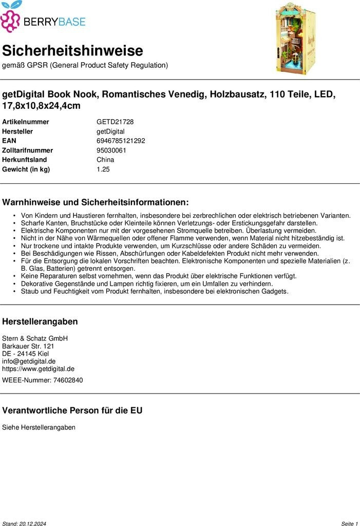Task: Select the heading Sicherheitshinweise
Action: (x=72, y=51)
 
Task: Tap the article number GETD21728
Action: (x=115, y=122)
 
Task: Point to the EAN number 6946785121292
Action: (x=121, y=141)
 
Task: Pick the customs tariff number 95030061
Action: (x=111, y=151)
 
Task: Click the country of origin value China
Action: (x=105, y=160)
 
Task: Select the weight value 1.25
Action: (x=103, y=170)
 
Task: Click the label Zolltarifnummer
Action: (x=28, y=151)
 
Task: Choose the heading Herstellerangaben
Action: (x=40, y=322)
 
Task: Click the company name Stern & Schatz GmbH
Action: (x=35, y=339)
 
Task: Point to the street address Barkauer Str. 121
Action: (x=28, y=346)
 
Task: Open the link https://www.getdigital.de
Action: (x=38, y=369)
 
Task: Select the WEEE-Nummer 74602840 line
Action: (x=42, y=380)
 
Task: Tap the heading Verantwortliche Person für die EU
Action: (x=72, y=410)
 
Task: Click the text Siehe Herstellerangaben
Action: (x=39, y=427)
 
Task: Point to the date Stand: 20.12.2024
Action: (x=24, y=523)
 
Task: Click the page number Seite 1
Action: (x=349, y=523)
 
